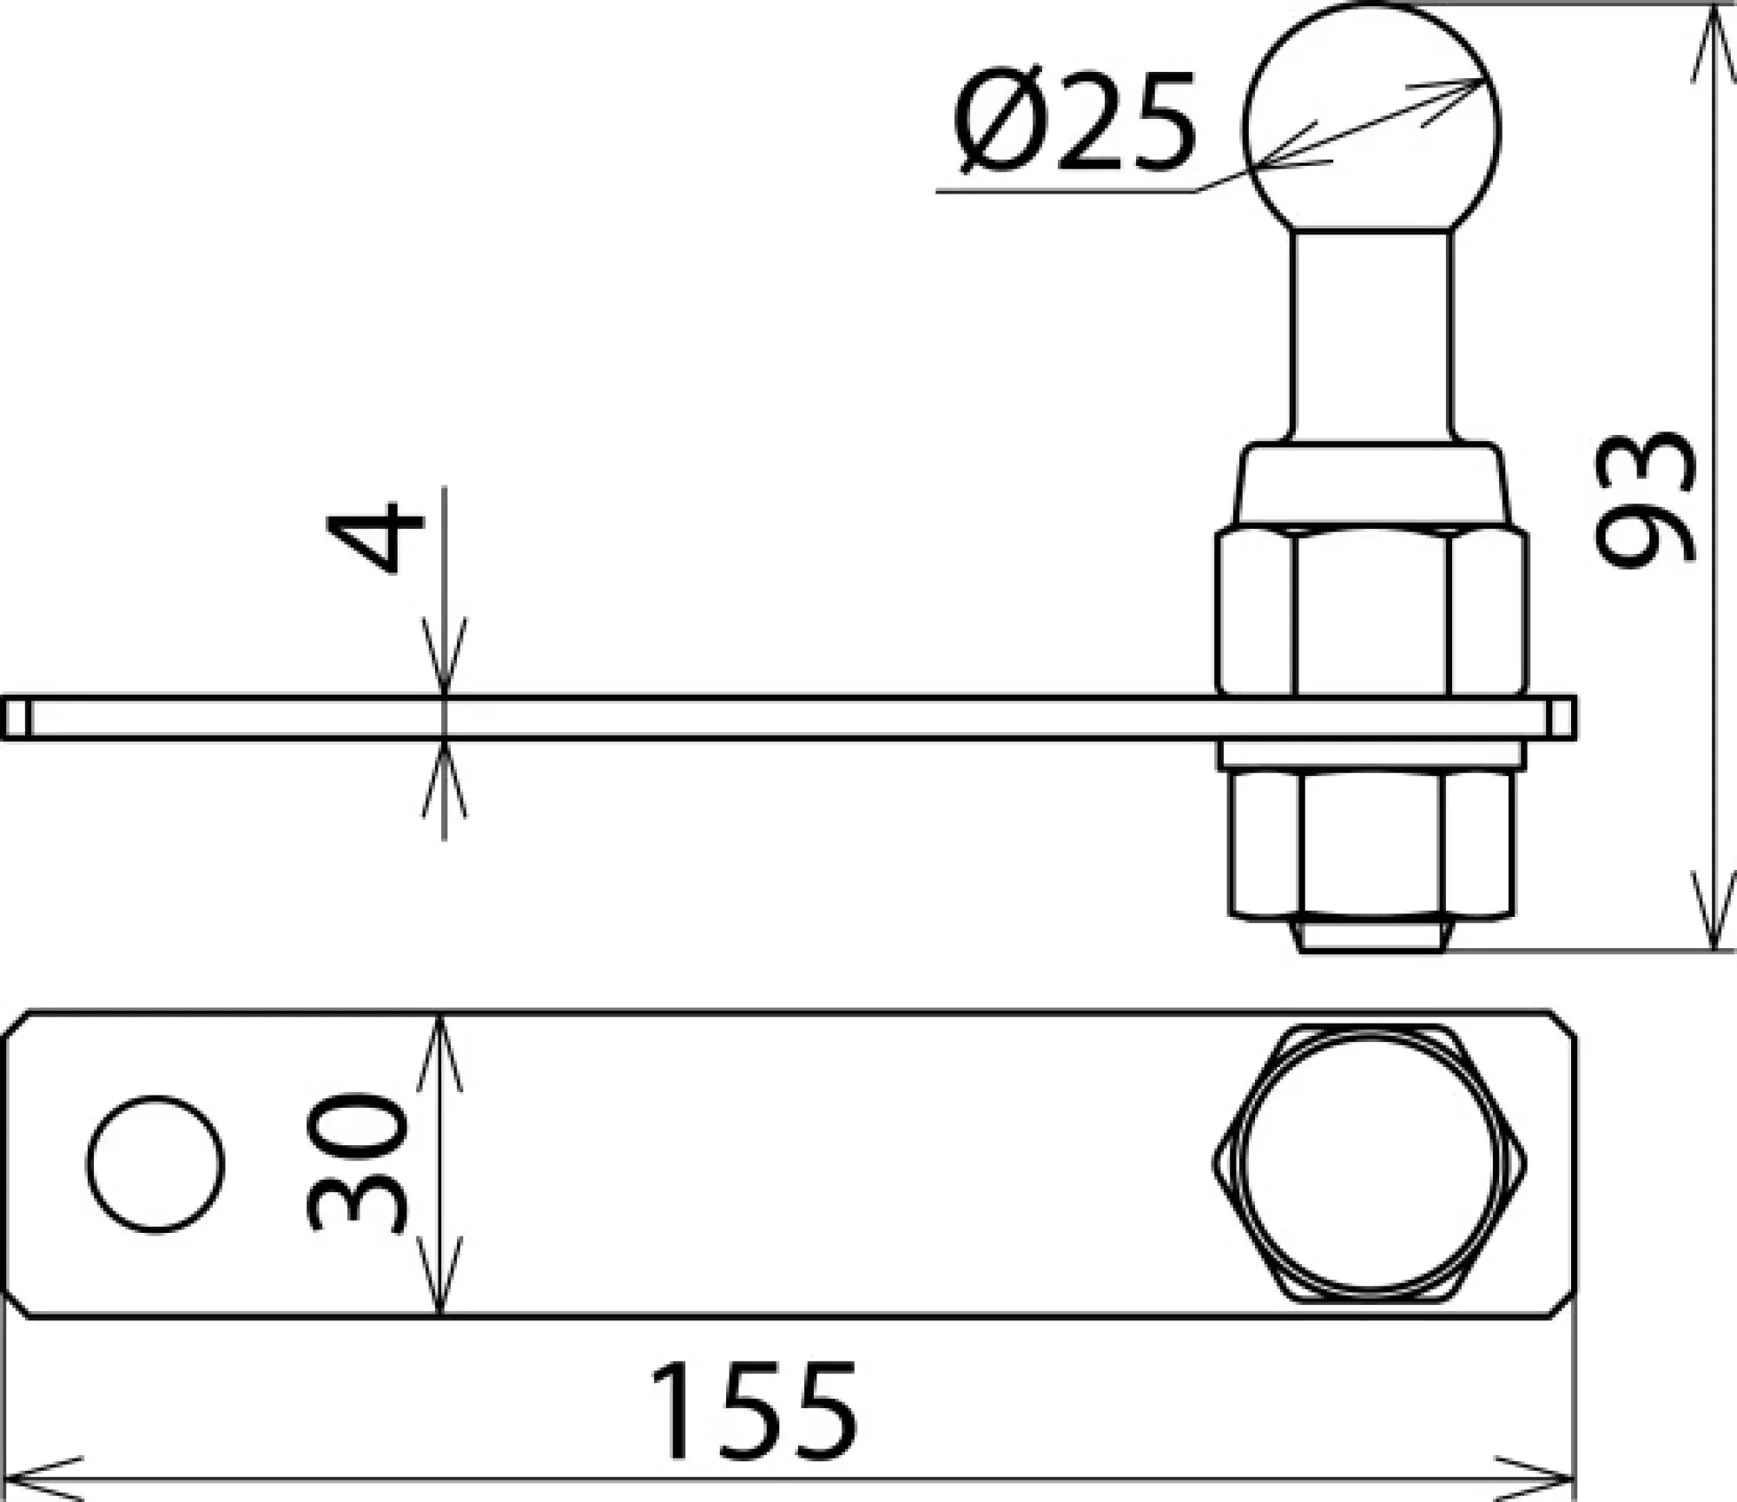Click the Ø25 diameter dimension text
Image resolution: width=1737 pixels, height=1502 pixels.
pos(1074,123)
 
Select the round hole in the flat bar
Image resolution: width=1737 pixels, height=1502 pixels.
pos(156,1163)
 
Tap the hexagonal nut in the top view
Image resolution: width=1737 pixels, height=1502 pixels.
pos(1370,1163)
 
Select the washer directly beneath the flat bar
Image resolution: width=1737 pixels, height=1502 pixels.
pos(1370,754)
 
